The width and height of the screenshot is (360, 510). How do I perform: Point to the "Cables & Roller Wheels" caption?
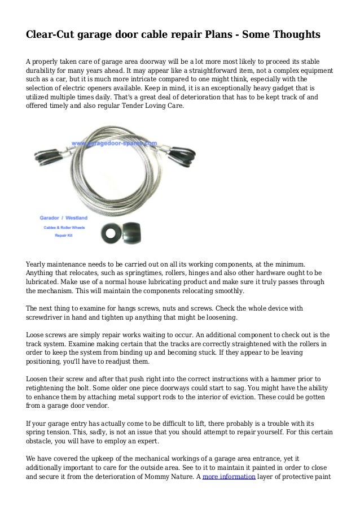[62, 227]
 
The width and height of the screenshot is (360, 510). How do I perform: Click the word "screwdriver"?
[48, 318]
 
